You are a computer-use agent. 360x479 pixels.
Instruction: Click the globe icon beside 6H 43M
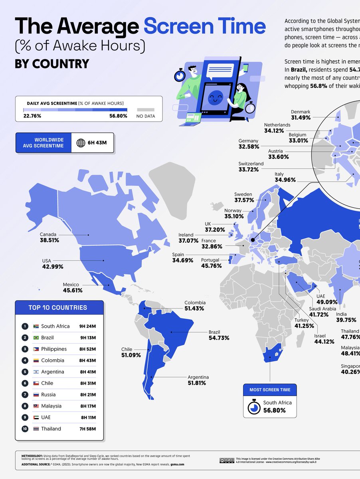coord(81,143)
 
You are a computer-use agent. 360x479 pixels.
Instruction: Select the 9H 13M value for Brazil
coord(88,338)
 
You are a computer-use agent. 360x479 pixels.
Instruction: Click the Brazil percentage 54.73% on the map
coord(219,338)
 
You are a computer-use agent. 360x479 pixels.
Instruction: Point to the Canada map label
coord(48,234)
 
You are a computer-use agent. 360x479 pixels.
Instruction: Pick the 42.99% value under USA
coord(52,267)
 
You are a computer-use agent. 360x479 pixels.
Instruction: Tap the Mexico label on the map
coord(71,285)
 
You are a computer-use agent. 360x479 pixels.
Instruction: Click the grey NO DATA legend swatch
coord(145,109)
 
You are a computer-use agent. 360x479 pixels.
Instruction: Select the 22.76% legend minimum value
coord(32,116)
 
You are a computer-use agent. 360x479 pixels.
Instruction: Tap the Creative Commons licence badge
coord(226,460)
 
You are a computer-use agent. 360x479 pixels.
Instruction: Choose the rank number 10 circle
coord(25,429)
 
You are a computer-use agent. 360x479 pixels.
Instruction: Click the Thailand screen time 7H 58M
coord(88,429)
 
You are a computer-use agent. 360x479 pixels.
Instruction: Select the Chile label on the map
coord(127,349)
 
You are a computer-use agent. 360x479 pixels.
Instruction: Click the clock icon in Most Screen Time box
coord(253,407)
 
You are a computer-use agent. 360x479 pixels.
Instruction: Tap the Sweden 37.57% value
coord(243,200)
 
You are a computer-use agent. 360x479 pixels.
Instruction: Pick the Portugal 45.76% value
coord(211,266)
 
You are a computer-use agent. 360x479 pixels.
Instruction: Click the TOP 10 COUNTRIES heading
coord(58,308)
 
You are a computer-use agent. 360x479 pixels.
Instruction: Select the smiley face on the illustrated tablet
coord(216,97)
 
